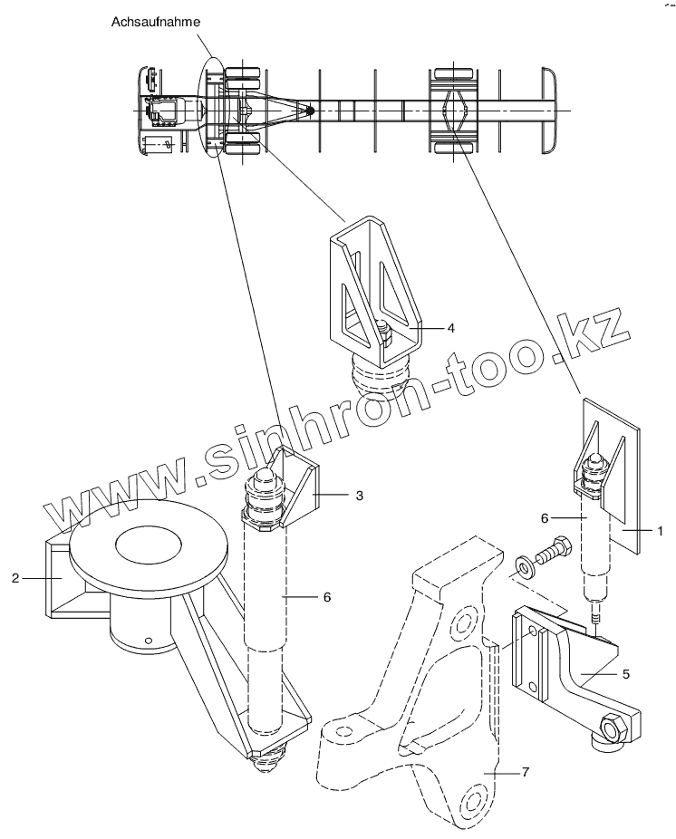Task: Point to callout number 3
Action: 360,496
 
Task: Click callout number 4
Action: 449,327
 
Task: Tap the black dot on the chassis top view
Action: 310,110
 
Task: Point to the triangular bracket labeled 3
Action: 299,485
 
